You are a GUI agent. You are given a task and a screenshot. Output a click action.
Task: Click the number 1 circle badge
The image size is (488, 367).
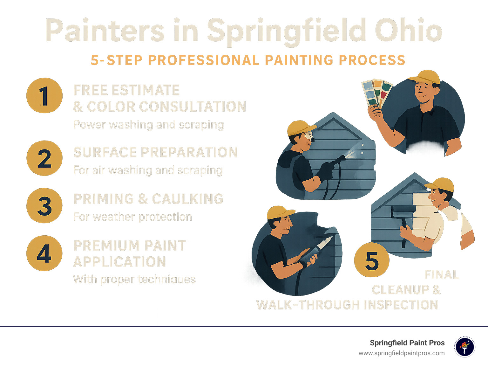tap(44, 96)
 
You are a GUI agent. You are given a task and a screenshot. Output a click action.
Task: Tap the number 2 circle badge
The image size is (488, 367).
tap(44, 158)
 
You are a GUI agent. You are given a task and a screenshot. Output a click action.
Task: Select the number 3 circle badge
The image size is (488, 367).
tap(44, 206)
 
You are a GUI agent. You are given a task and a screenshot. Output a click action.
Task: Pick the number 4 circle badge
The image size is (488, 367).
tap(44, 253)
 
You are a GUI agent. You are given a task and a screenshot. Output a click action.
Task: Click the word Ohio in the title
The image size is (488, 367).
tap(409, 31)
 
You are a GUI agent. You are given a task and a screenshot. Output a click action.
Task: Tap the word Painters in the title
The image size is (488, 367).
tap(105, 31)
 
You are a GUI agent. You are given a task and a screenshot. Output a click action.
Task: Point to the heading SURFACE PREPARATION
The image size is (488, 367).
tap(155, 152)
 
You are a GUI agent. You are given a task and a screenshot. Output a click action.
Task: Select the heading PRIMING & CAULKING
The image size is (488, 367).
tap(148, 199)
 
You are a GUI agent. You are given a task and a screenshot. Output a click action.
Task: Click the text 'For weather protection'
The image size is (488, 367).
tap(132, 217)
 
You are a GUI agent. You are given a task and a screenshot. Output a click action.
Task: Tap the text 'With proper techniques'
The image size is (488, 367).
tap(134, 280)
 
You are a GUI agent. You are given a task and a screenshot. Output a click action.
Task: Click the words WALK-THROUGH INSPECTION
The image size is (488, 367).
tap(347, 305)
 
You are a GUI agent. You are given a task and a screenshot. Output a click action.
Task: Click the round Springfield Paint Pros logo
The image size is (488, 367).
tap(464, 347)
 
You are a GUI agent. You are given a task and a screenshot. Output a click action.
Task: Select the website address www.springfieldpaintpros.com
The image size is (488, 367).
tap(402, 353)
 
